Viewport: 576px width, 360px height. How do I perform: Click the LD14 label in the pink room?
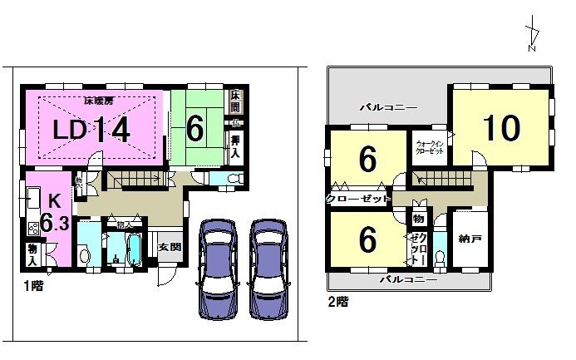click(91, 131)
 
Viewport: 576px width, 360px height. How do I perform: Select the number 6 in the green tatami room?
click(194, 128)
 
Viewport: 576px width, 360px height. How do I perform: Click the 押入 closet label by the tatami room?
click(236, 145)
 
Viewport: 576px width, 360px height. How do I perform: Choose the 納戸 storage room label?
click(470, 239)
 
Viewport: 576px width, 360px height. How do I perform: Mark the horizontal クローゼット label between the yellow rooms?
click(358, 200)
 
